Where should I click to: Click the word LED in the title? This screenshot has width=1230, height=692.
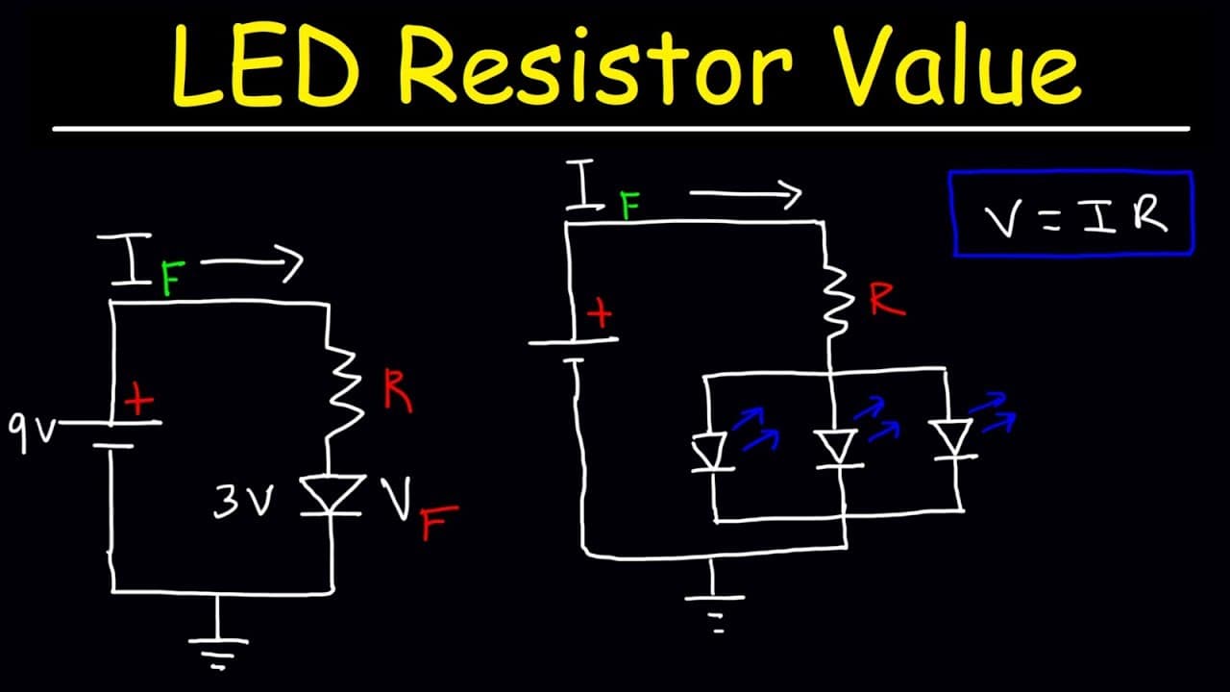pyautogui.click(x=266, y=64)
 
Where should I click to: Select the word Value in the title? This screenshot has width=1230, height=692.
pyautogui.click(x=955, y=64)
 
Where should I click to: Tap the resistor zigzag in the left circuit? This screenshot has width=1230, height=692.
pyautogui.click(x=343, y=393)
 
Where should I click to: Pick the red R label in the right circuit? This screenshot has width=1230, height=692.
pyautogui.click(x=886, y=300)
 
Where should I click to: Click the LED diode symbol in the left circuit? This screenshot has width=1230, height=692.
pyautogui.click(x=332, y=495)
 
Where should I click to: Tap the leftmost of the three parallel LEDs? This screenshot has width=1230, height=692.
pyautogui.click(x=712, y=452)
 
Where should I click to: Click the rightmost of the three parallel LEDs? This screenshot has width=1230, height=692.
pyautogui.click(x=954, y=439)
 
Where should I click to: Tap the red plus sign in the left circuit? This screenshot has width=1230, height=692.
pyautogui.click(x=139, y=399)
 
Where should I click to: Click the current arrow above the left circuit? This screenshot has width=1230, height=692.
pyautogui.click(x=252, y=262)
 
